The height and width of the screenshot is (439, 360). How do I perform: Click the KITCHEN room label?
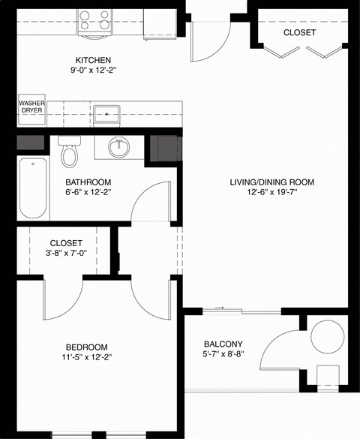tap(93, 60)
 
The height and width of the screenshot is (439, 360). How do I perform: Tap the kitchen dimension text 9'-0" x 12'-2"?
tap(93, 73)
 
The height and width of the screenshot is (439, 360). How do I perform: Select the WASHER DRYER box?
tap(31, 107)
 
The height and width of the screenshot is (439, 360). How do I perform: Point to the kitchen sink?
tap(108, 115)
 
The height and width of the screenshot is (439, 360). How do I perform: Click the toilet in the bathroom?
tap(70, 153)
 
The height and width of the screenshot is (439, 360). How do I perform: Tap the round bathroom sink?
tap(118, 146)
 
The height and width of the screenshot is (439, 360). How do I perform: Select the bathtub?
tap(31, 188)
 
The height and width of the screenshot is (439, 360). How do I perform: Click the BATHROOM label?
tap(88, 182)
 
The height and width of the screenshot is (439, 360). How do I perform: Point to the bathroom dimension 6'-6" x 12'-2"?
tap(88, 194)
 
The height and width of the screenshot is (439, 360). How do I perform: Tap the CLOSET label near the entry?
tap(299, 33)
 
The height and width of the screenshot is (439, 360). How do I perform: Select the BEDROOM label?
tap(88, 346)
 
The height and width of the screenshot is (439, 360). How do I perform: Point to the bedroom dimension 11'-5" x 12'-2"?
tap(88, 359)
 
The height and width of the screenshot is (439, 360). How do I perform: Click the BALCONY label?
tap(228, 344)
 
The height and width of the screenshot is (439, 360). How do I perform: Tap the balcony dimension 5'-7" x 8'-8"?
tap(228, 356)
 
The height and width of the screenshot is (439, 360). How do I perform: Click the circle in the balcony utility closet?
tap(328, 337)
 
